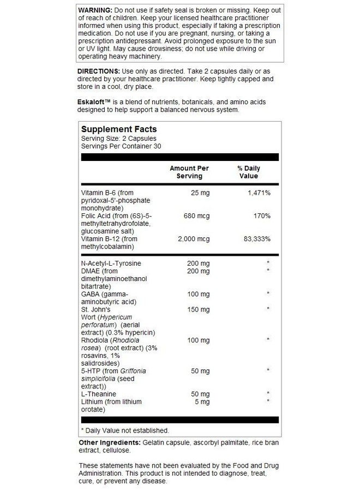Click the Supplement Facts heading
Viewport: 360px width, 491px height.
[119, 129]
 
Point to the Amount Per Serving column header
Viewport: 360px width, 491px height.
[189, 172]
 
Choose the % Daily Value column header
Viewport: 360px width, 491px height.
[248, 172]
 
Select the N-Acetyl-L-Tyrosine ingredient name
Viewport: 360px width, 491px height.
[111, 264]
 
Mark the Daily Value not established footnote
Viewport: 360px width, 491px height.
[125, 430]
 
